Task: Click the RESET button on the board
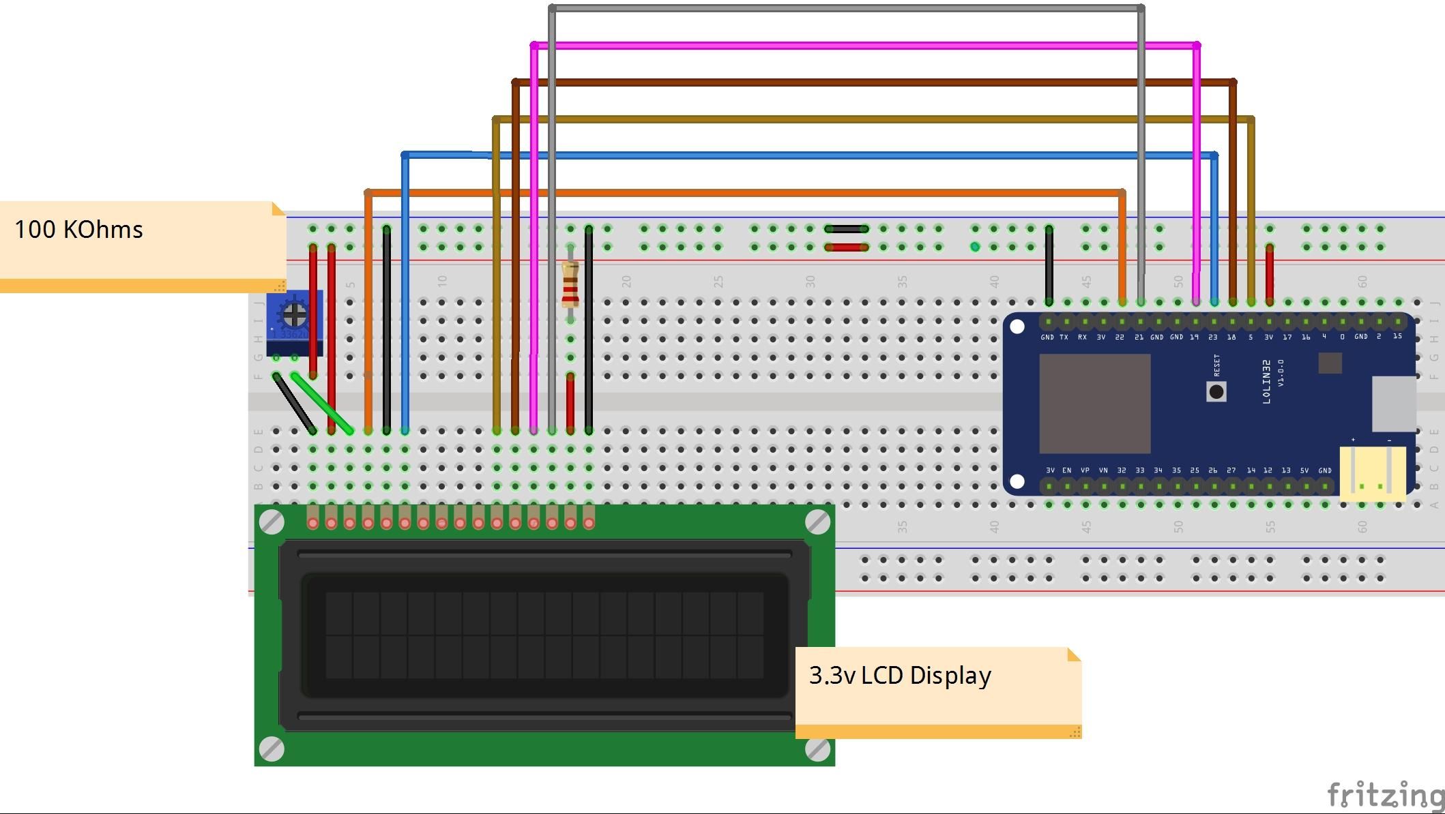click(x=1216, y=391)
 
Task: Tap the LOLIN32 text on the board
click(x=1266, y=382)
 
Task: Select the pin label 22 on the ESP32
click(x=1120, y=337)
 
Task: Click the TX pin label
click(x=1064, y=337)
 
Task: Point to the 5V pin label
click(x=1304, y=470)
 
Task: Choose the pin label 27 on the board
click(x=1231, y=470)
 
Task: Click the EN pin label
click(x=1066, y=470)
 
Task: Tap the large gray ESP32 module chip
click(x=1094, y=403)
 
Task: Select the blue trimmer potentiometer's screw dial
click(x=295, y=314)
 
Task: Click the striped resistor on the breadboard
click(x=570, y=285)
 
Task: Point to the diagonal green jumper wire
click(x=322, y=403)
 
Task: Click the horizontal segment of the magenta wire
click(x=860, y=46)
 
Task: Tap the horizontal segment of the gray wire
click(x=846, y=8)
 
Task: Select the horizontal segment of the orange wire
click(x=744, y=193)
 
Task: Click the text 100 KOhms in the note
click(x=79, y=230)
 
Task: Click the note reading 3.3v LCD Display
click(x=900, y=676)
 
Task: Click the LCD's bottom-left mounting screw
click(x=272, y=749)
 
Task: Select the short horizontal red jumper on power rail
click(x=846, y=247)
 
